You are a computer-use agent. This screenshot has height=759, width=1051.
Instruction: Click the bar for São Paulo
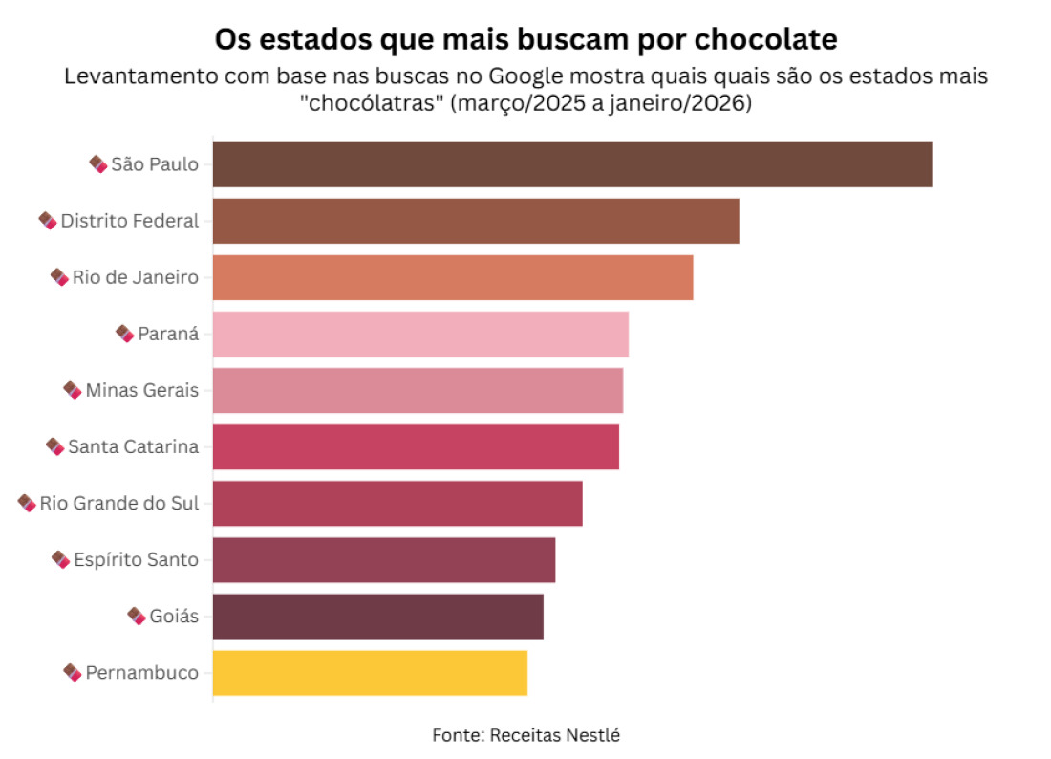571,164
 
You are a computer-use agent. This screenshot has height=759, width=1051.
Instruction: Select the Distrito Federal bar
476,221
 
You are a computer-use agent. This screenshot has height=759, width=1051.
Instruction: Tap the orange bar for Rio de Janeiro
452,277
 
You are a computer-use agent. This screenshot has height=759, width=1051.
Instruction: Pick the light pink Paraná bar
420,334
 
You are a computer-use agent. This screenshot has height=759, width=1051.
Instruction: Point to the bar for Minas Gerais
418,390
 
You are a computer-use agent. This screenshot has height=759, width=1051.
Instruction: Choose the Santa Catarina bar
416,446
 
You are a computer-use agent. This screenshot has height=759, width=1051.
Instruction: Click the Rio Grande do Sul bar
397,503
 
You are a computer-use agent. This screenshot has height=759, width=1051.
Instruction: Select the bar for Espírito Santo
383,559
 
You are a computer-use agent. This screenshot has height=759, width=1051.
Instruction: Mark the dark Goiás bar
377,616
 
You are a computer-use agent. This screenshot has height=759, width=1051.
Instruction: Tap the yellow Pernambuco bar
370,672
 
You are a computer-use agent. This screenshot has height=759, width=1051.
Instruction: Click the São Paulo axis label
155,164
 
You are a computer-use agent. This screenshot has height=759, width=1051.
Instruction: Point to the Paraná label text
168,334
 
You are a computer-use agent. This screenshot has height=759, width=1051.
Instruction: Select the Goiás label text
174,616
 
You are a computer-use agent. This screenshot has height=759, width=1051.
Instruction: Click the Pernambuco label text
141,672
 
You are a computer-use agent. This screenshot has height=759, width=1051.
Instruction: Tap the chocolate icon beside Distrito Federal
48,221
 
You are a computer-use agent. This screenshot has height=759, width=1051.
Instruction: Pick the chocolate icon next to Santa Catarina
55,446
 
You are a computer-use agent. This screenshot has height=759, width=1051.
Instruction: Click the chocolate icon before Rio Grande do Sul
27,503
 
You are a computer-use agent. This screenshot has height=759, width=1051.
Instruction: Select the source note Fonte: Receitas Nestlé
526,735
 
